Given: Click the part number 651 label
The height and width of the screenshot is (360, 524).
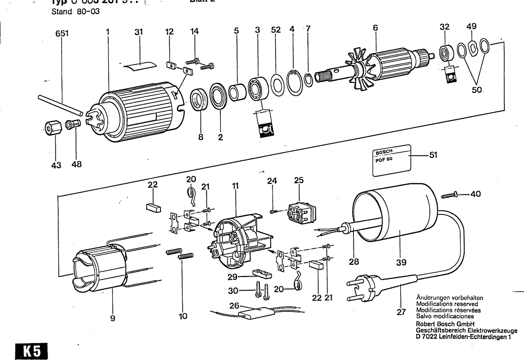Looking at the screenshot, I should tap(62, 33).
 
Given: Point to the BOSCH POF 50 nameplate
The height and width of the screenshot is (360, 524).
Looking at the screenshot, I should tap(392, 161).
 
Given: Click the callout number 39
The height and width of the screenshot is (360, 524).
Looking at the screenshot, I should tap(401, 262).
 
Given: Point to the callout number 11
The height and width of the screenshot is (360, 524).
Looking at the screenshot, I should tap(235, 186).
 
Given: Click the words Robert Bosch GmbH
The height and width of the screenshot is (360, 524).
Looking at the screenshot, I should tap(445, 324).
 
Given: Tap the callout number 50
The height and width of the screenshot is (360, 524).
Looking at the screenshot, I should tap(476, 90).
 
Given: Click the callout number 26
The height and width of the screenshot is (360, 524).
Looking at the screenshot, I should tap(234, 306).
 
